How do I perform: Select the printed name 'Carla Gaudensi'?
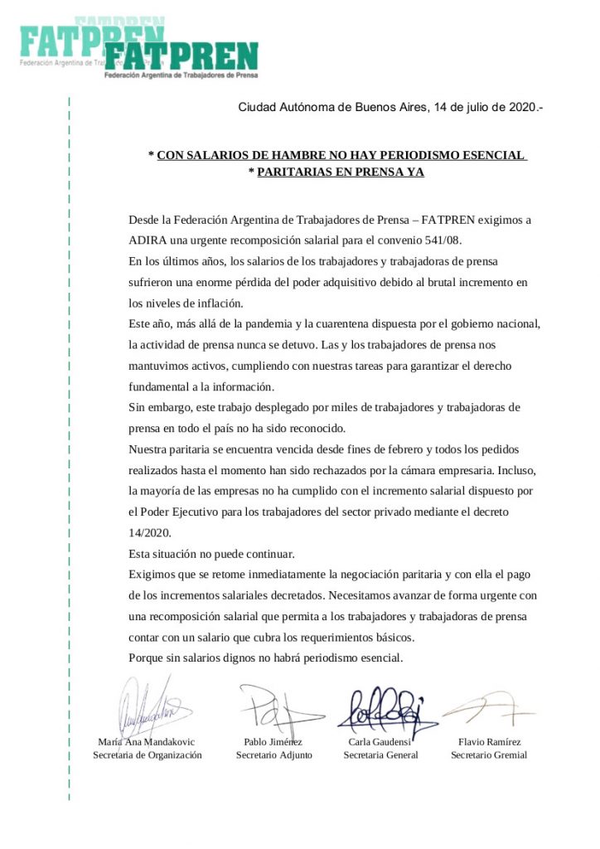(380, 741)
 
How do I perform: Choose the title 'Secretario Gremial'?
(489, 755)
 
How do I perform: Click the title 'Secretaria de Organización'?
(148, 755)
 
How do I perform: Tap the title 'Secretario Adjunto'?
(274, 755)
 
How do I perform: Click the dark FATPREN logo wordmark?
(181, 56)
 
